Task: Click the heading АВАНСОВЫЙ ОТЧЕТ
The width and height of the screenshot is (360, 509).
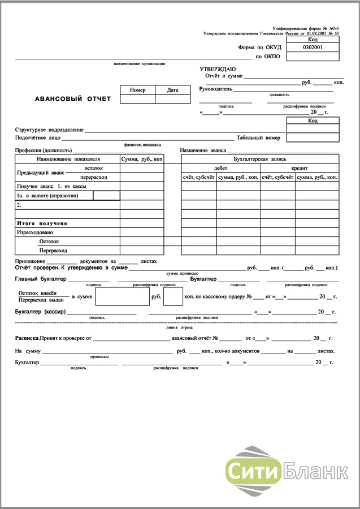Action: [x=73, y=99]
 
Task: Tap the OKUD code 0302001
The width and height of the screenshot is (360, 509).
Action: [x=313, y=48]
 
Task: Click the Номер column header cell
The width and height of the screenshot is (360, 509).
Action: [x=137, y=90]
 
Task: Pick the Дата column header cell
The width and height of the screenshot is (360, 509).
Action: [x=172, y=90]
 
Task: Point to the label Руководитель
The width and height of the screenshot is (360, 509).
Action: [x=216, y=89]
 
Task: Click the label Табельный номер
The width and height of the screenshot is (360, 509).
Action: [x=258, y=137]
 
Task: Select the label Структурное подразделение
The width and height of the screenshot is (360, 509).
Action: [x=49, y=130]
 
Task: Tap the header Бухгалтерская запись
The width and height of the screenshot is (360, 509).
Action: [x=260, y=159]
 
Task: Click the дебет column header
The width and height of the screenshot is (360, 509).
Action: [x=221, y=169]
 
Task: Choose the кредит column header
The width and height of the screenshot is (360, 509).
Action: [x=300, y=169]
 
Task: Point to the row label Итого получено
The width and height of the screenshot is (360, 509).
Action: [x=42, y=223]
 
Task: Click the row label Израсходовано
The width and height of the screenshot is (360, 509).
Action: [x=35, y=232]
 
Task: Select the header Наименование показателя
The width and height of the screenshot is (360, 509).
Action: [x=67, y=159]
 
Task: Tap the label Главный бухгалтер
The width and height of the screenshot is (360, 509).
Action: [x=41, y=279]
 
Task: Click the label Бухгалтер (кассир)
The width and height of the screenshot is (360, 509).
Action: [x=41, y=312]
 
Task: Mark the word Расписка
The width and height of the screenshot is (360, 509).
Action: [x=27, y=338]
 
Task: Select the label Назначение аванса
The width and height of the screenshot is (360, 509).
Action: [x=203, y=150]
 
